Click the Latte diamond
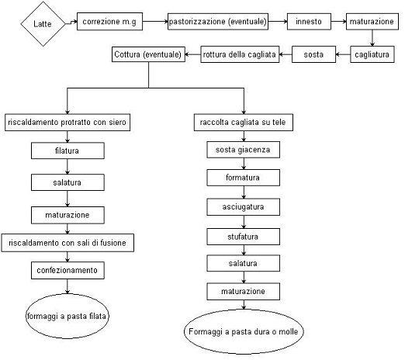coord(43,24)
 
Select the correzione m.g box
coord(109,22)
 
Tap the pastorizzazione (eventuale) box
coord(218,22)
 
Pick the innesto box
coord(309,22)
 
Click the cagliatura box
coord(372,54)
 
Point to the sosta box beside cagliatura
coord(313,54)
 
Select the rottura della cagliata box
coord(240,54)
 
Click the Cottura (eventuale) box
coord(148,54)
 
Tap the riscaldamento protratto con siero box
coord(67,122)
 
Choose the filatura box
coord(67,151)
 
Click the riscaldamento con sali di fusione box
coord(67,243)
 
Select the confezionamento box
coord(67,270)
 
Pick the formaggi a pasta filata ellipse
coord(67,316)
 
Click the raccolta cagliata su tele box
coord(244,122)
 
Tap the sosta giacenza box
coord(243,150)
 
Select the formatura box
coord(243,178)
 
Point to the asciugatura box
coord(243,207)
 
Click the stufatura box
coord(243,237)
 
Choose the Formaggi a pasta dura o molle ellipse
coord(244,331)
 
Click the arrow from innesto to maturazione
coord(338,22)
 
